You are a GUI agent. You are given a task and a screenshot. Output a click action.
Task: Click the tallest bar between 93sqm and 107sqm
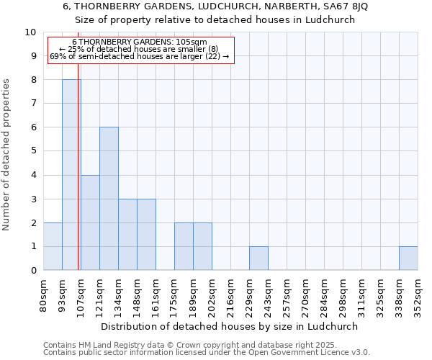71,175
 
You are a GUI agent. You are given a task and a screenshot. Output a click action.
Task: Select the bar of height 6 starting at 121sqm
109,199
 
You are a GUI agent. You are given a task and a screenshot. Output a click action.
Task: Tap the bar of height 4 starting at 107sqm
90,222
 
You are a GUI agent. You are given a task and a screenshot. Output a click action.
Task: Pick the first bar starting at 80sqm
53,246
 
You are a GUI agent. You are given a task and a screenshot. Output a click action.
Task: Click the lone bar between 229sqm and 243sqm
258,258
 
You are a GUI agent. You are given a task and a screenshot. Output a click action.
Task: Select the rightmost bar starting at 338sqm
408,258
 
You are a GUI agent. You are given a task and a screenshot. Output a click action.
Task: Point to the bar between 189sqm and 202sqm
202,246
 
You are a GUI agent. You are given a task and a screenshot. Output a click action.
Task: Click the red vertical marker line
78,180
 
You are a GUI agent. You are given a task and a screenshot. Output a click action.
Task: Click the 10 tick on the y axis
32,32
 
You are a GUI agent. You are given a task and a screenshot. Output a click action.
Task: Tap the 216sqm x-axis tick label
231,295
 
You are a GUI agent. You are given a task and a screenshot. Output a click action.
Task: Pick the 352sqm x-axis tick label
418,295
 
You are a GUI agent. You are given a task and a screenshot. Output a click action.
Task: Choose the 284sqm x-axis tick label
325,295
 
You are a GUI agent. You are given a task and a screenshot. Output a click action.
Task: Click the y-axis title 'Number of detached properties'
6,155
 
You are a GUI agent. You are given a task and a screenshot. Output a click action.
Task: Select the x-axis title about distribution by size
230,326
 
